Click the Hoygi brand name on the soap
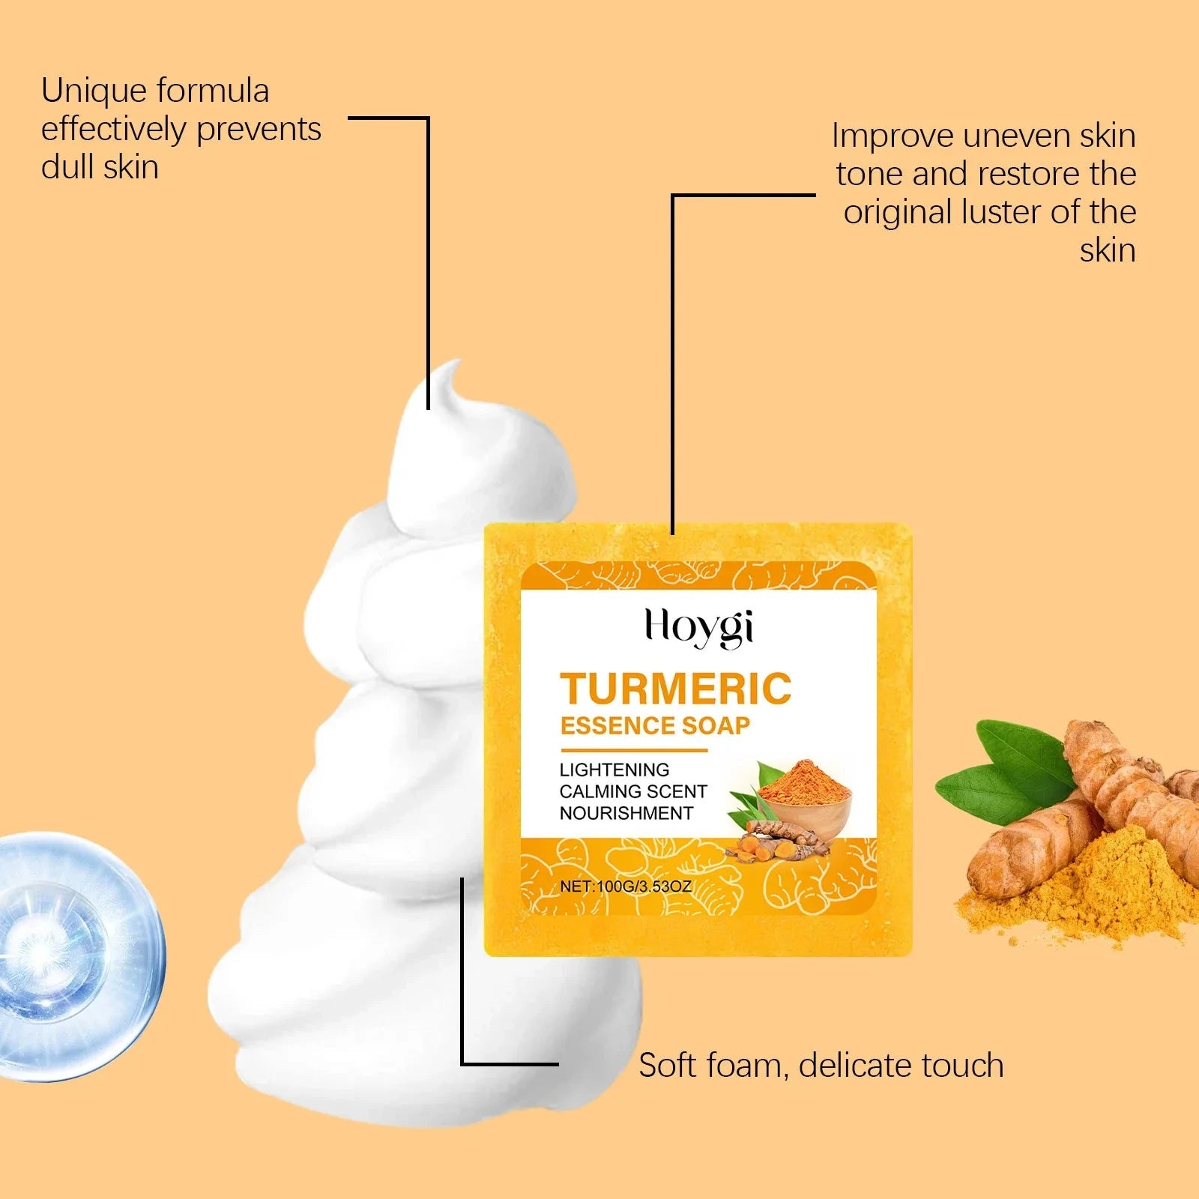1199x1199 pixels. point(699,627)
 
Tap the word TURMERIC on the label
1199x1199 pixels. point(676,689)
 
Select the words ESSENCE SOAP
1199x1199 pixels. point(655,725)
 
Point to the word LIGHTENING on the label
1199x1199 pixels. point(614,770)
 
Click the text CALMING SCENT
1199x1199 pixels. point(633,791)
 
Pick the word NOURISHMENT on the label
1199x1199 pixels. point(626,813)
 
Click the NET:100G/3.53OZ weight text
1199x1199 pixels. point(626,886)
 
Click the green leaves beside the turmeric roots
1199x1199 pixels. point(1004,772)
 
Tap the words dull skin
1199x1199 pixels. point(100,167)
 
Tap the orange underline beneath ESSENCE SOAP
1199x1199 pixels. point(634,749)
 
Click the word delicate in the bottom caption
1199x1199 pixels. point(854,1065)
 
